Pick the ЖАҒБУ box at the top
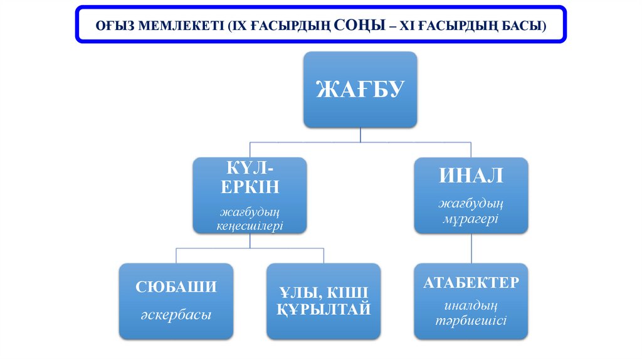click(360, 90)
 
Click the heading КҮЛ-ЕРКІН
click(250, 177)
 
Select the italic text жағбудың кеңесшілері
click(250, 218)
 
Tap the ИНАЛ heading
click(471, 176)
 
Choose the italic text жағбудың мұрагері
click(471, 211)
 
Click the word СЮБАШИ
click(176, 287)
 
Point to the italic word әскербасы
click(176, 315)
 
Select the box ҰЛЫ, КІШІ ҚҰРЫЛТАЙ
click(324, 301)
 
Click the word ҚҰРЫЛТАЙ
click(324, 309)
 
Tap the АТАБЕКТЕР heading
click(471, 282)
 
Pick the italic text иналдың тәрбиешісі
click(471, 313)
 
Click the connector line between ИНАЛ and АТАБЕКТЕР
click(471, 248)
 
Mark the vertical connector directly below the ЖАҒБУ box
click(360, 135)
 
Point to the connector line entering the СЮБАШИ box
click(176, 255)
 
